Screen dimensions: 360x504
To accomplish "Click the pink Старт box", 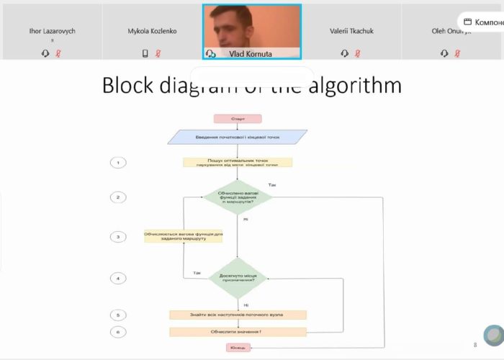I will pyautogui.click(x=238, y=119).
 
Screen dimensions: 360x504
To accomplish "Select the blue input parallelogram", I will pyautogui.click(x=238, y=136).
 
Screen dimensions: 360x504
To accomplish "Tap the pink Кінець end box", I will pyautogui.click(x=238, y=348).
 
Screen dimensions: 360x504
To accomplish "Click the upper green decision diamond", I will pyautogui.click(x=238, y=197).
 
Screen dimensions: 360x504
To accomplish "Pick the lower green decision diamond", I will pyautogui.click(x=238, y=278).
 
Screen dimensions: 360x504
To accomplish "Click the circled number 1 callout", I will pyautogui.click(x=119, y=163).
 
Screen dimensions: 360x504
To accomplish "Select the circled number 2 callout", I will pyautogui.click(x=119, y=197).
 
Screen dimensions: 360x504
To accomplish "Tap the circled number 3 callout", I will pyautogui.click(x=119, y=237).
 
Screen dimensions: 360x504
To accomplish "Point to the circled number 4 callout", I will pyautogui.click(x=119, y=278).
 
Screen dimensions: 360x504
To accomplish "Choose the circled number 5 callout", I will pyautogui.click(x=119, y=315).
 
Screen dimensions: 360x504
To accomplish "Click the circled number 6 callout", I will pyautogui.click(x=119, y=332).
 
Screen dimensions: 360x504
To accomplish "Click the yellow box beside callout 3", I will pyautogui.click(x=184, y=235).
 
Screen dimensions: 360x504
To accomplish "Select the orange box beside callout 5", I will pyautogui.click(x=238, y=315).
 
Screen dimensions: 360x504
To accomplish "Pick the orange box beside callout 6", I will pyautogui.click(x=238, y=332).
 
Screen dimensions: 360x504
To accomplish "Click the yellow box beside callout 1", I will pyautogui.click(x=238, y=163).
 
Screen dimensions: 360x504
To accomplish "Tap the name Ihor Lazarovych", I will pyautogui.click(x=52, y=31).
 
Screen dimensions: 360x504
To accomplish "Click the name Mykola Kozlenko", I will pyautogui.click(x=152, y=31).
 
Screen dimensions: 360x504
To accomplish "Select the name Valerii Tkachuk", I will pyautogui.click(x=351, y=31).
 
